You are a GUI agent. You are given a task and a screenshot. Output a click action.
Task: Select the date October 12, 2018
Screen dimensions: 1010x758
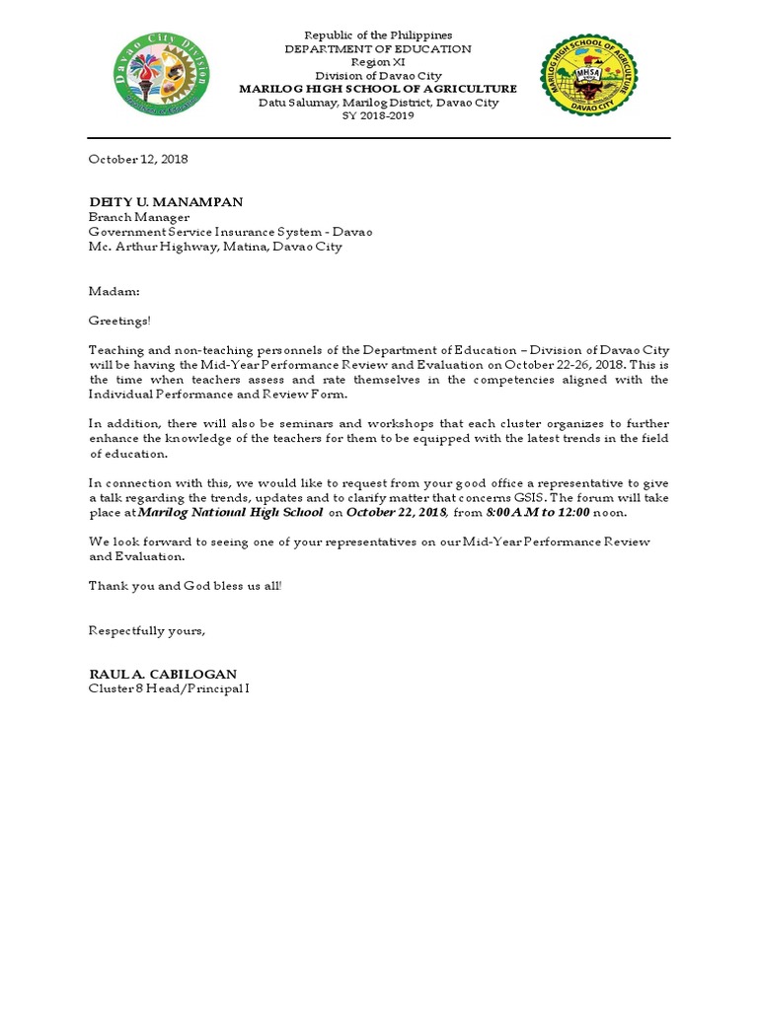coord(138,159)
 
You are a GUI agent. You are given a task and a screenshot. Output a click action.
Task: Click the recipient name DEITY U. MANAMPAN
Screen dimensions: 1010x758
coord(166,201)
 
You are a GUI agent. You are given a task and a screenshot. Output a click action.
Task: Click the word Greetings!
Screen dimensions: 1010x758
coord(120,321)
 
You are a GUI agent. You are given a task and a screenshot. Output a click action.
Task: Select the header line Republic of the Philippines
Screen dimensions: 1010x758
coord(378,36)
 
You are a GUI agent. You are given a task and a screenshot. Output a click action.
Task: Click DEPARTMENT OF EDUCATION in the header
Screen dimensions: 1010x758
coord(378,49)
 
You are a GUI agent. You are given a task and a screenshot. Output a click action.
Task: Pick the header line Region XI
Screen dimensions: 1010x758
coord(378,62)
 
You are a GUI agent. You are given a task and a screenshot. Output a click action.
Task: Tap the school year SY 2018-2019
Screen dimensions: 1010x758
coord(378,115)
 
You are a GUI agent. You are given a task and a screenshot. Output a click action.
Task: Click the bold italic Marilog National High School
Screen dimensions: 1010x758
coord(230,513)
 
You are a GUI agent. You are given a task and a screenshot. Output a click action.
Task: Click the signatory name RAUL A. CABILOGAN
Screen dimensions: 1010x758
coord(163,674)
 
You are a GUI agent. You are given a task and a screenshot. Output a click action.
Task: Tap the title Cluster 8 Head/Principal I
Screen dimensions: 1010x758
coord(169,688)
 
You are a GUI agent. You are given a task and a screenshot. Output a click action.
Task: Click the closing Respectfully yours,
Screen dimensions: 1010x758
coord(147,630)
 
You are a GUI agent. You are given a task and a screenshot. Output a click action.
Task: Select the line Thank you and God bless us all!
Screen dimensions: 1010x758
coord(186,586)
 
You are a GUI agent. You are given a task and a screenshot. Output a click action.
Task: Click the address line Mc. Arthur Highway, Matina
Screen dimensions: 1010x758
coord(215,247)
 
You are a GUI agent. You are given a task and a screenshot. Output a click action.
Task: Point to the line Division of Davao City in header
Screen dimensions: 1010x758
coord(378,76)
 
